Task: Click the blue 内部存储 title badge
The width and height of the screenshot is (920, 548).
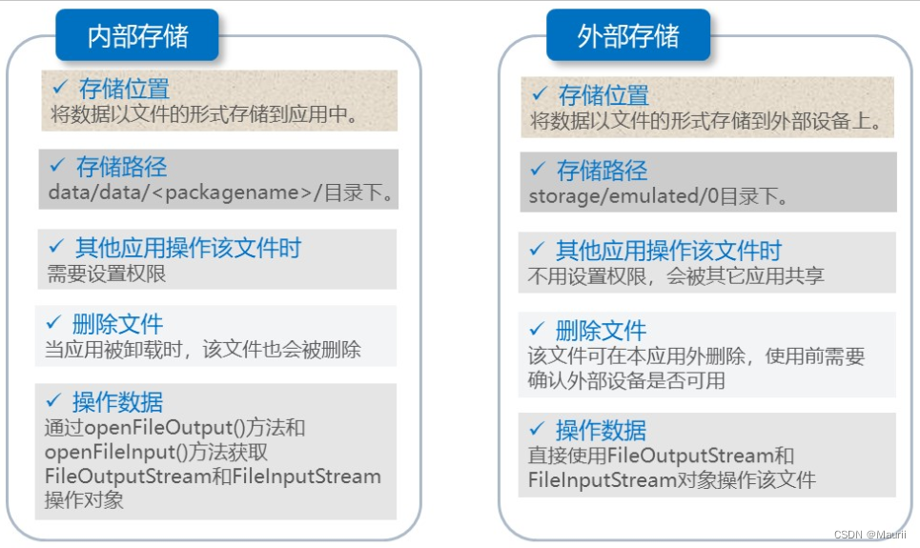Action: [137, 36]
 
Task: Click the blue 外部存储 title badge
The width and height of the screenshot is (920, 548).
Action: [628, 36]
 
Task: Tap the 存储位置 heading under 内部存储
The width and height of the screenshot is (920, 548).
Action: [124, 90]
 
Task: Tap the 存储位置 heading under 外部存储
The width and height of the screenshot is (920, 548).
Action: [603, 95]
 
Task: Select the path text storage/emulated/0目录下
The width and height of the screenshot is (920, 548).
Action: [658, 197]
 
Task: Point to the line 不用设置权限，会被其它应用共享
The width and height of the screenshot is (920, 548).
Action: [676, 276]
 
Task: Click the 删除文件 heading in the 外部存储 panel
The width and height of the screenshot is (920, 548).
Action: [601, 332]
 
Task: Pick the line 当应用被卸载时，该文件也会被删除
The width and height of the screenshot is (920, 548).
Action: [203, 350]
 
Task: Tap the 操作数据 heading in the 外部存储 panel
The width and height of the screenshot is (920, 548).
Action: [601, 430]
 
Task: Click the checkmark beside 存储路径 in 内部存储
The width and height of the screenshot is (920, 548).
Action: [55, 167]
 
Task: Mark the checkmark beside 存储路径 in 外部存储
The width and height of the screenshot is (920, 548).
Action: [538, 170]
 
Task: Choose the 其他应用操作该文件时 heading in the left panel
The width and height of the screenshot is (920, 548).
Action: [188, 249]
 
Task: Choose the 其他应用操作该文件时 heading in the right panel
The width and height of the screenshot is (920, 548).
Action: [668, 252]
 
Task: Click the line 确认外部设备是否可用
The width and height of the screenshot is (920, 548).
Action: [626, 381]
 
